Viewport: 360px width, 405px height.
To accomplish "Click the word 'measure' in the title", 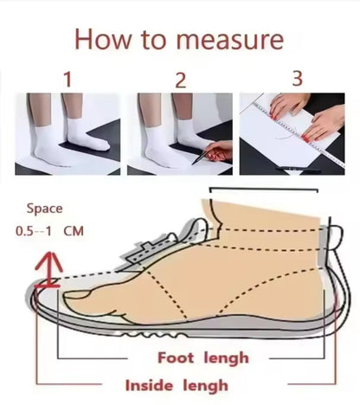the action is pos(230,40).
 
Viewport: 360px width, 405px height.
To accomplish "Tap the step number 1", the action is pos(67,80).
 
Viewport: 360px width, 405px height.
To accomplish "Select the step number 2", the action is pos(181,80).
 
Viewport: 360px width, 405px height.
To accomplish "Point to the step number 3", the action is pos(297,79).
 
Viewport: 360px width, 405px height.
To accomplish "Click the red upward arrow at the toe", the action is pos(48,270).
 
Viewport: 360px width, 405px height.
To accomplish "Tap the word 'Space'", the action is pos(44,209).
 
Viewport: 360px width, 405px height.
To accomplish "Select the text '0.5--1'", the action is pos(34,231).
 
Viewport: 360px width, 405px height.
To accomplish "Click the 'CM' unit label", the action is pos(74,231).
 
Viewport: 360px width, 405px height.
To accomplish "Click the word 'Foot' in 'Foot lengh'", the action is pos(176,358).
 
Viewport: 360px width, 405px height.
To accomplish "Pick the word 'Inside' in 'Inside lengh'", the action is pos(149,386).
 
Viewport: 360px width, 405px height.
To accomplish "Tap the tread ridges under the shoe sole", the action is pos(154,335).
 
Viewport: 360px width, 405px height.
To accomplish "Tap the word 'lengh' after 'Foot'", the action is pos(226,359).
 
